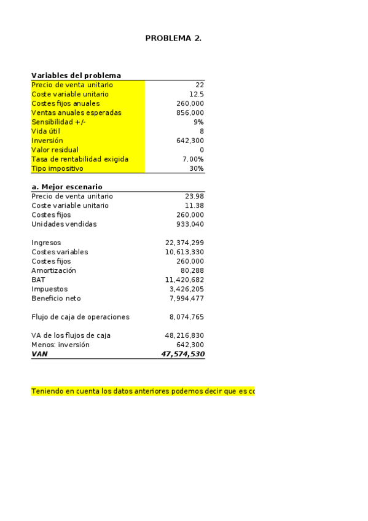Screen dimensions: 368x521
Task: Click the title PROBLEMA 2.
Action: click(173, 38)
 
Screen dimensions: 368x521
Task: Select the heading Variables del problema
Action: click(76, 76)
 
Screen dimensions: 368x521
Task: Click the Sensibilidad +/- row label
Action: click(59, 122)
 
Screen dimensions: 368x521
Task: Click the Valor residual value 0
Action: click(202, 150)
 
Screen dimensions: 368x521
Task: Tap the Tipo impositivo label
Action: click(57, 168)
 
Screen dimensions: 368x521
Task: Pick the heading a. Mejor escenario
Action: click(67, 187)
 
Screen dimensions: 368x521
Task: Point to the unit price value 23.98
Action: click(194, 196)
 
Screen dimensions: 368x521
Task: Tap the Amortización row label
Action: click(54, 270)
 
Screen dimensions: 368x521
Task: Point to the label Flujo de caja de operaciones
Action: click(80, 317)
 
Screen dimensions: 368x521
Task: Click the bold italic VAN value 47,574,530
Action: click(182, 354)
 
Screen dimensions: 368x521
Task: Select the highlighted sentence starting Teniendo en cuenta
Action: click(143, 391)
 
